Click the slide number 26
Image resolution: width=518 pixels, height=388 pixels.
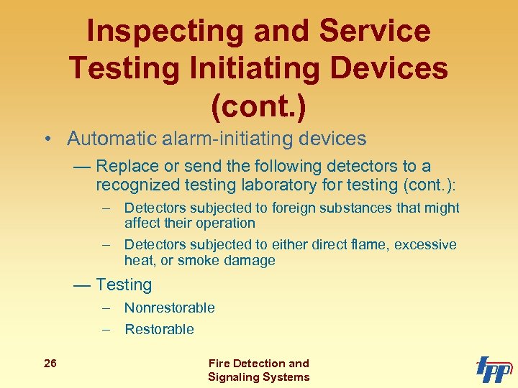tap(50, 364)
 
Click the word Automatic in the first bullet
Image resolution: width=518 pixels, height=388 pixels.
tap(106, 138)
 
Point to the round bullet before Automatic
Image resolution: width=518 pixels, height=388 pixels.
tap(46, 139)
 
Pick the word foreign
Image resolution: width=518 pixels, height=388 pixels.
tap(307, 208)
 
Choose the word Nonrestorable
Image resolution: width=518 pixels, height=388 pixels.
tap(169, 308)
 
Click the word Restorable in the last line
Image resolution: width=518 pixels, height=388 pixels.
tap(159, 330)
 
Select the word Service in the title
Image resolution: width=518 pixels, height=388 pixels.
tap(374, 32)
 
